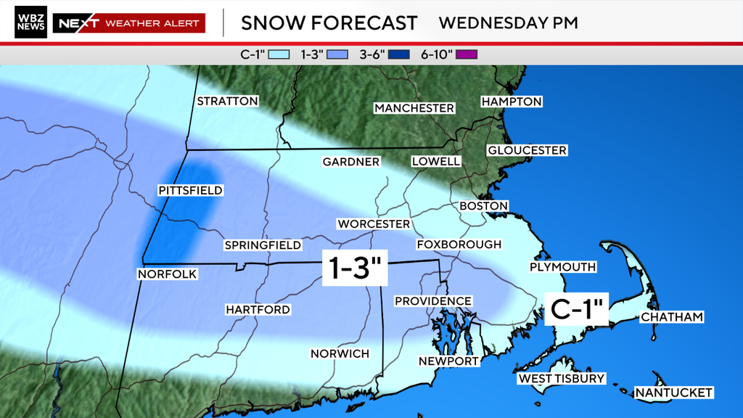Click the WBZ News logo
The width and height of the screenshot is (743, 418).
(x=30, y=22)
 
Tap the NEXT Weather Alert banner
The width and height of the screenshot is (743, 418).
(x=128, y=23)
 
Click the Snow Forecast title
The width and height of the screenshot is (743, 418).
(x=329, y=23)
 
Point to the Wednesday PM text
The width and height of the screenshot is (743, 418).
(x=508, y=23)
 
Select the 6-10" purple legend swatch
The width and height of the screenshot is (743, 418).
(x=467, y=54)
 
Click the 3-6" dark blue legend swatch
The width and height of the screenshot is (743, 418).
(x=399, y=54)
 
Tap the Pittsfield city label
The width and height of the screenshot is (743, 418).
(x=190, y=190)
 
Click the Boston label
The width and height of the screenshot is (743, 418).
(x=483, y=206)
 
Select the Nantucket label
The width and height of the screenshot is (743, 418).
(x=673, y=393)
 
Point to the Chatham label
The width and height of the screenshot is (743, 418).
(x=671, y=317)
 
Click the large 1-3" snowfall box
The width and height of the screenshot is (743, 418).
(x=356, y=269)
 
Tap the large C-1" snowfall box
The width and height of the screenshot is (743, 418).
(x=578, y=308)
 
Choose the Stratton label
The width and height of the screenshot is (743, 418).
(x=227, y=101)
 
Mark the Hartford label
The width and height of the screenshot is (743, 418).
(x=258, y=310)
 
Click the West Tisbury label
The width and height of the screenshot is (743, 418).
(x=561, y=379)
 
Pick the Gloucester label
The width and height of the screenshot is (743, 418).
(x=527, y=150)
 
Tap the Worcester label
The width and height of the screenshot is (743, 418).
(x=373, y=224)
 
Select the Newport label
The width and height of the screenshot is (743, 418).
(x=448, y=361)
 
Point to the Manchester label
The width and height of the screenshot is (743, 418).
(x=414, y=108)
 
